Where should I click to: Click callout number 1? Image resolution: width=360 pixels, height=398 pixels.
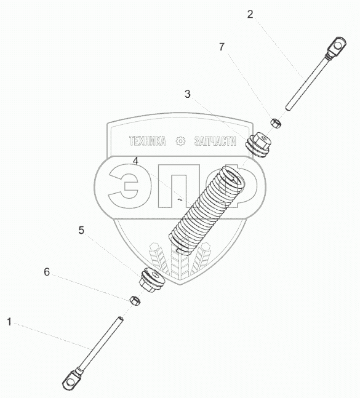pyautogui.click(x=9, y=322)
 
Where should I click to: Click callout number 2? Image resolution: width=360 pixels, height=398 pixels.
pyautogui.click(x=250, y=15)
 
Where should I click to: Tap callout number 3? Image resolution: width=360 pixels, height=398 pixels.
pyautogui.click(x=187, y=94)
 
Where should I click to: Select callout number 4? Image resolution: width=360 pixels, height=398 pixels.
pyautogui.click(x=136, y=161)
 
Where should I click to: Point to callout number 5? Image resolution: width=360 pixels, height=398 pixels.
pyautogui.click(x=81, y=231)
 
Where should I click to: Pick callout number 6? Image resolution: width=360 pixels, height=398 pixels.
pyautogui.click(x=47, y=272)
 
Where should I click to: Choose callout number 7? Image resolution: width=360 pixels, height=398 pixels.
pyautogui.click(x=222, y=47)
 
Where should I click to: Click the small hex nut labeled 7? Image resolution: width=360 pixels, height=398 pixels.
pyautogui.click(x=276, y=124)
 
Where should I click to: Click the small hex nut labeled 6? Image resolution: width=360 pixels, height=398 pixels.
pyautogui.click(x=135, y=301)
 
